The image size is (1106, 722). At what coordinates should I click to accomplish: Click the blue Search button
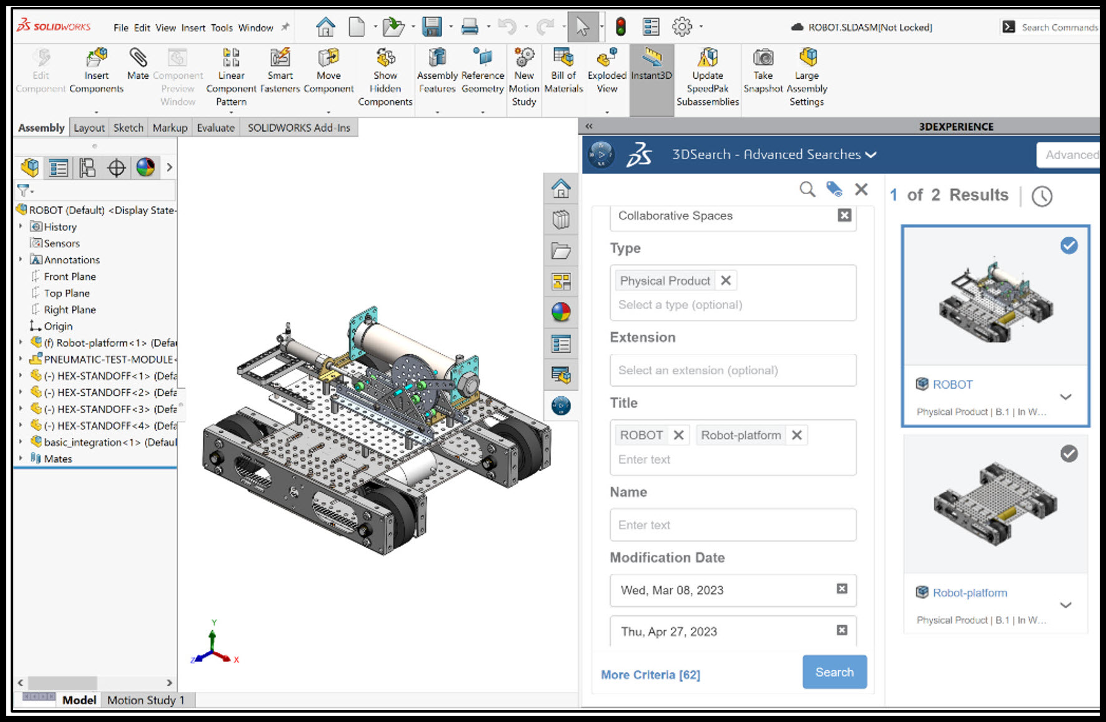[x=834, y=672]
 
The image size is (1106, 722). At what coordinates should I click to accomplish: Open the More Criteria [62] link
[x=650, y=675]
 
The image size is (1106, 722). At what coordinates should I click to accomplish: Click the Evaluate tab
[x=215, y=128]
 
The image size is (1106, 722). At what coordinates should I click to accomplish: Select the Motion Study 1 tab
[x=146, y=700]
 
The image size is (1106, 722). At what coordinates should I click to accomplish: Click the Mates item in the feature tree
[x=57, y=459]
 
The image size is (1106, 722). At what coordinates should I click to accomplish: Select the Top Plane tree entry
[x=66, y=293]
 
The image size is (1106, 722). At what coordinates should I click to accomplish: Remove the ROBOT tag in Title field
[x=679, y=435]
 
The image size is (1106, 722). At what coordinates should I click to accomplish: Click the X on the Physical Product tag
[x=726, y=281]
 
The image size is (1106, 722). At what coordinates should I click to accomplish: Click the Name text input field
[x=732, y=525]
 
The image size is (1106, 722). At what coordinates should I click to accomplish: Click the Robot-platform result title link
[x=969, y=593]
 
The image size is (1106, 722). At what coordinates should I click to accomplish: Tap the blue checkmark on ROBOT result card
[x=1069, y=246]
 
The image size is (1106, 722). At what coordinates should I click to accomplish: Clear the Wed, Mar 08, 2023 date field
[x=842, y=589]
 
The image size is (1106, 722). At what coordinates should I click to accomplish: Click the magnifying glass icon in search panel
[x=807, y=190]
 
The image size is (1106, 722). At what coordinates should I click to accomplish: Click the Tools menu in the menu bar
[x=221, y=27]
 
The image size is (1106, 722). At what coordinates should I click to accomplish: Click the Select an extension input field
[x=732, y=370]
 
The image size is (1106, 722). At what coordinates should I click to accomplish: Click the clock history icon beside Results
[x=1041, y=197]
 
